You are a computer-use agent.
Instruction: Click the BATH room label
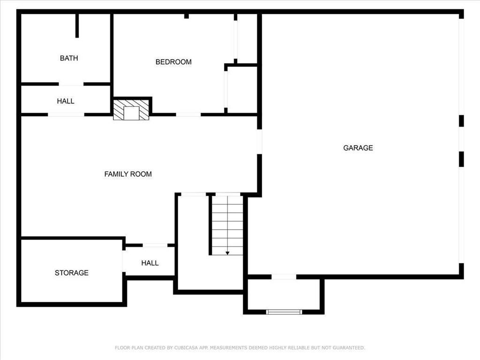69,58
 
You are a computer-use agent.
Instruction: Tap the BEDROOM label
173,62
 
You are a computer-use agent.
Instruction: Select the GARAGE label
358,148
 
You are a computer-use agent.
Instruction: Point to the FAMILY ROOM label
128,174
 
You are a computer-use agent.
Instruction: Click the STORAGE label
72,273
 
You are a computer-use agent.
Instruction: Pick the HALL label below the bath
66,101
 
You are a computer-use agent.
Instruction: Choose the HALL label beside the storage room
150,263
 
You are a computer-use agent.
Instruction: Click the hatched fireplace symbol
131,109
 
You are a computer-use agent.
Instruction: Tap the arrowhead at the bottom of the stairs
227,253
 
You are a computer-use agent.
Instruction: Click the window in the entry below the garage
284,312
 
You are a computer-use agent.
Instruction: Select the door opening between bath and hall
71,84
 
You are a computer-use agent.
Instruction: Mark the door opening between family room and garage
259,142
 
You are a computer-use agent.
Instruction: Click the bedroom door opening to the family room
188,114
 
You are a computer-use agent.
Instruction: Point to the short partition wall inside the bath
77,25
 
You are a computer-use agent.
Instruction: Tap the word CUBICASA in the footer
186,348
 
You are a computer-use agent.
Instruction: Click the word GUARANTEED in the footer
349,348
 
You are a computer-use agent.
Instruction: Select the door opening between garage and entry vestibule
284,277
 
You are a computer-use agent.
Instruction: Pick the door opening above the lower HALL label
155,245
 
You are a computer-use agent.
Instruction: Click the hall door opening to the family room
66,114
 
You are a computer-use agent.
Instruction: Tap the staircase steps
227,225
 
